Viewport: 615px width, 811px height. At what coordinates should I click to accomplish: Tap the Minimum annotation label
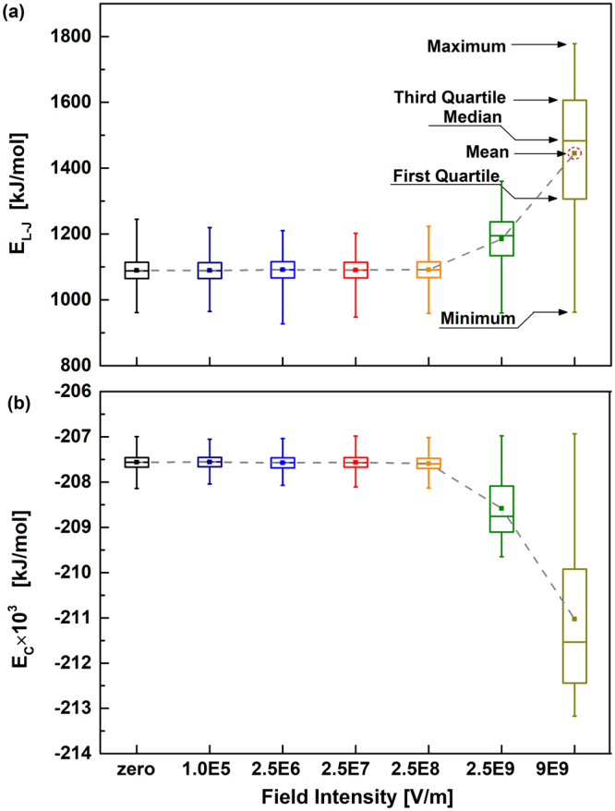pyautogui.click(x=476, y=319)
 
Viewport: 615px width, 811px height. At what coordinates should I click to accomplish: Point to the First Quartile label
pyautogui.click(x=447, y=177)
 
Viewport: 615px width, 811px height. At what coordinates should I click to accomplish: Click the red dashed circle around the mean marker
pyautogui.click(x=574, y=153)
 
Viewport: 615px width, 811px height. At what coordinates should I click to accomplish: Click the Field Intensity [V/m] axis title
pyautogui.click(x=356, y=794)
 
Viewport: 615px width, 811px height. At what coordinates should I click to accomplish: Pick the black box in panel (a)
pyautogui.click(x=137, y=270)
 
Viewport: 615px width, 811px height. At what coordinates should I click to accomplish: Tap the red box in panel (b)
pyautogui.click(x=356, y=462)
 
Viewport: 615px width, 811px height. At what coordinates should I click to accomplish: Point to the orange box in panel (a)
pyautogui.click(x=428, y=269)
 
